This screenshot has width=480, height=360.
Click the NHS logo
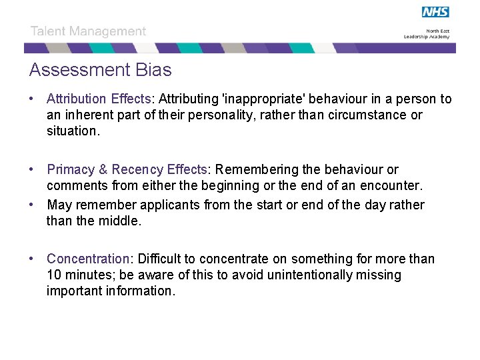point(435,12)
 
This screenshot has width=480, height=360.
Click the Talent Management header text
point(88,31)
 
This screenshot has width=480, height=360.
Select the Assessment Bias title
point(100,70)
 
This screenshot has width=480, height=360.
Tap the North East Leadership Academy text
point(426,35)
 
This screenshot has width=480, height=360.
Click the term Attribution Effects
point(99,99)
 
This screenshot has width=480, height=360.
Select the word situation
point(71,131)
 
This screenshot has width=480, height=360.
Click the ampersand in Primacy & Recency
point(103,170)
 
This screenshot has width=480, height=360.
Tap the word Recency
point(137,170)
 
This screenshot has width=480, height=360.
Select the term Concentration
point(87,259)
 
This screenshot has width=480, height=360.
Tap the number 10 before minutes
point(54,275)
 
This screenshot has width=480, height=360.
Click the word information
point(140,291)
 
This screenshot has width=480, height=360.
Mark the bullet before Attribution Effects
point(31,99)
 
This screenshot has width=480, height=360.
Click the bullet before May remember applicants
point(31,205)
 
